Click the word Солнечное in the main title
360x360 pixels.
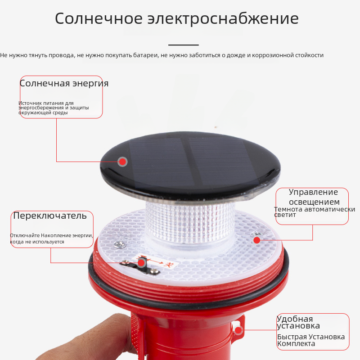pos(99,18)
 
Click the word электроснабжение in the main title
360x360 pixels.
pos(223,18)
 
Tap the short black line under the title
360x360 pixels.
pos(184,45)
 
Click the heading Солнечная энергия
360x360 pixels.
pos(64,83)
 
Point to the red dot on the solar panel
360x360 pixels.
pos(122,162)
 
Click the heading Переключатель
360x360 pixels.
pos(50,216)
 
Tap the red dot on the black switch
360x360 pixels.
pos(141,263)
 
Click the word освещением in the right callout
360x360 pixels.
pos(314,202)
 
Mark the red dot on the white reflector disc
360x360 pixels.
pos(256,240)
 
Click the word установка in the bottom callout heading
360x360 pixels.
pos(298,326)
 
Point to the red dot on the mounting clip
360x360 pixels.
pos(238,330)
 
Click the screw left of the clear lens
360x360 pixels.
pos(119,244)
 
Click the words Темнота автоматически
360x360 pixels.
pos(315,209)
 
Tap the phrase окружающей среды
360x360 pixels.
pos(43,113)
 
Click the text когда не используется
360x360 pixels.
pos(37,242)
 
